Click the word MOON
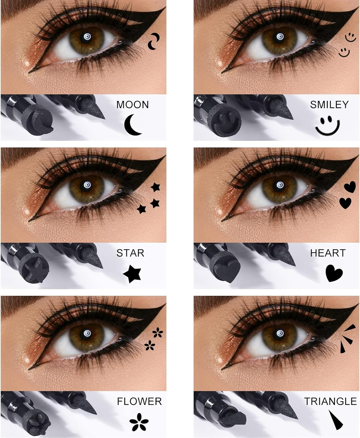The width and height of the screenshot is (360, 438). click(132, 105)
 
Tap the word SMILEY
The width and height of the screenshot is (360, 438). click(329, 105)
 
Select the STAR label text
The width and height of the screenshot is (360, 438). click(130, 253)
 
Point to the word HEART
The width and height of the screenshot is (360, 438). click(328, 253)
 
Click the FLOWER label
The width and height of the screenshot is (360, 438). click(139, 401)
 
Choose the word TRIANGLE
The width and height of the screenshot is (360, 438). click(330, 401)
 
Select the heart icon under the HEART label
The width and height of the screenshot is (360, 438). click(334, 273)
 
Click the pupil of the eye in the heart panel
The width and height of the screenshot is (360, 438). click(280, 185)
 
